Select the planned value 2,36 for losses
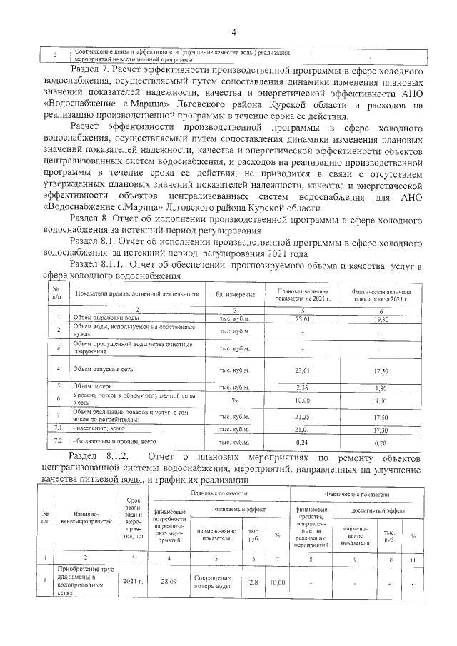306,388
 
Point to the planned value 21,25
306,417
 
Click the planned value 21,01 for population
306,430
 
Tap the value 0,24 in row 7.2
306,442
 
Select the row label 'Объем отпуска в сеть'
100,369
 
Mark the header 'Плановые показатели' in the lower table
216,493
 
